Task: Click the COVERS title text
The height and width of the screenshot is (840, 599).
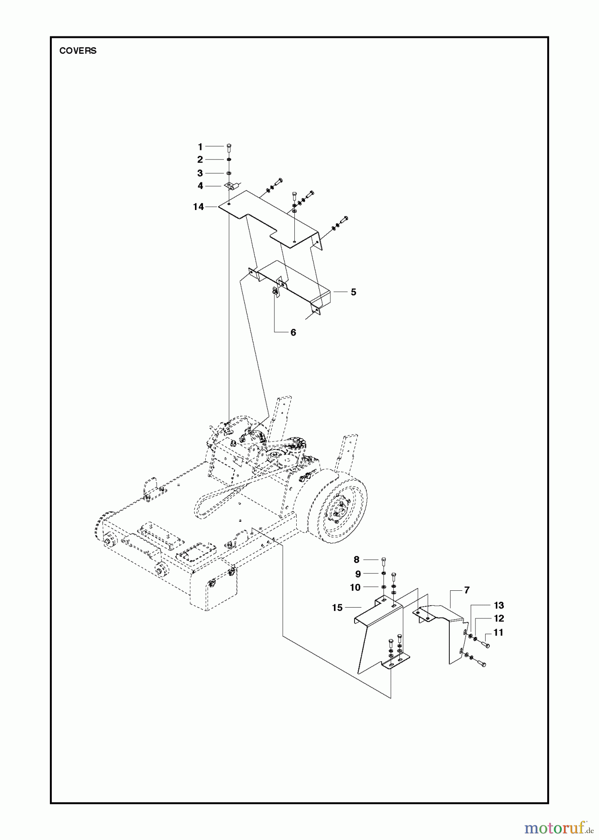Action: (78, 51)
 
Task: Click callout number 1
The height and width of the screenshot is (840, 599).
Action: (200, 147)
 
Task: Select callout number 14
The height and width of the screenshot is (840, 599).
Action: (199, 207)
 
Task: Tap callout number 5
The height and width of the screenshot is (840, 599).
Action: (353, 292)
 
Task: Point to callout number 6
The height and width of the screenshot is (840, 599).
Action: (293, 333)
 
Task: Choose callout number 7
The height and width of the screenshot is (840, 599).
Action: (467, 590)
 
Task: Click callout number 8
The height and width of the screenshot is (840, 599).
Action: (356, 560)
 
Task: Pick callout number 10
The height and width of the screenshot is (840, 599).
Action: (355, 588)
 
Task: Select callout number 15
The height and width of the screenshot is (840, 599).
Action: (337, 608)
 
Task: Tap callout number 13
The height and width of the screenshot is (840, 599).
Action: (499, 605)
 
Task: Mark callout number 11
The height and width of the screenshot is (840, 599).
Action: (498, 633)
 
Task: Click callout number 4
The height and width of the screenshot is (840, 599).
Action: (200, 186)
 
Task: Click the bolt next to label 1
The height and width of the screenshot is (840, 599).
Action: (229, 148)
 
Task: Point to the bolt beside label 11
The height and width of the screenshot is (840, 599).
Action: (485, 645)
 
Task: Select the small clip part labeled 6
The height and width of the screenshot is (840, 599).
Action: (275, 292)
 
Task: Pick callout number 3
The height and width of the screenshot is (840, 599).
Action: (200, 173)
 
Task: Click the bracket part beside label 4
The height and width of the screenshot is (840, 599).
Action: (232, 186)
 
